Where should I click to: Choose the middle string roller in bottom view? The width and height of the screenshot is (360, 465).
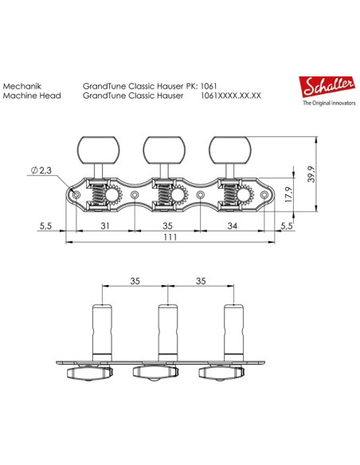pyautogui.click(x=166, y=330)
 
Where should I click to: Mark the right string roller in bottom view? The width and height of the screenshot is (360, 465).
pyautogui.click(x=233, y=330)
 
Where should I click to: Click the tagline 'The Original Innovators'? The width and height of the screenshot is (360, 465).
pyautogui.click(x=327, y=104)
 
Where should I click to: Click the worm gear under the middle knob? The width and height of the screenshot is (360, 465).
pyautogui.click(x=162, y=195)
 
